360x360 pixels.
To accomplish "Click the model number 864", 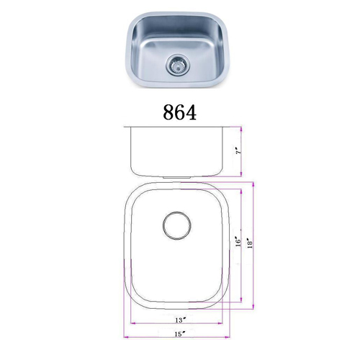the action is (x=179, y=112).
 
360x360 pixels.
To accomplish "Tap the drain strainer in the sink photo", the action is (x=178, y=65).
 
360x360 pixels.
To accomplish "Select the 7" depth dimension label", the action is (x=238, y=152).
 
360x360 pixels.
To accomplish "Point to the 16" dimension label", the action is (x=238, y=243).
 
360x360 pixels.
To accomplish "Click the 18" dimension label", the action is (x=250, y=243).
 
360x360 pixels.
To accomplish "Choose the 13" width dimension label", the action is (x=181, y=320).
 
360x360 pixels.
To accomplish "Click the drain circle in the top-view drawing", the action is (x=177, y=225).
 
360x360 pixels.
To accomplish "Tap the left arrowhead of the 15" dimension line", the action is (x=126, y=337).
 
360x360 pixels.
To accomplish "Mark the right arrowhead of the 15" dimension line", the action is (x=228, y=337).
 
